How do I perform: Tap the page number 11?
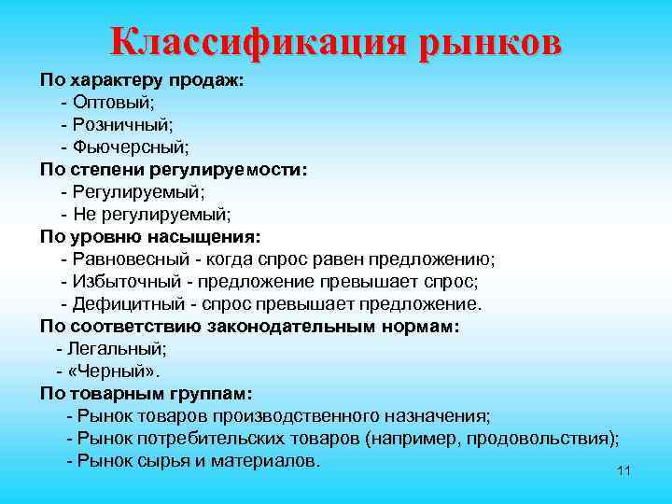tap(624, 470)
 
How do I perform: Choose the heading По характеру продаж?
tap(142, 80)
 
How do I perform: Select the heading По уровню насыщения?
tap(150, 236)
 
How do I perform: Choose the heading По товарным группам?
tap(146, 393)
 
